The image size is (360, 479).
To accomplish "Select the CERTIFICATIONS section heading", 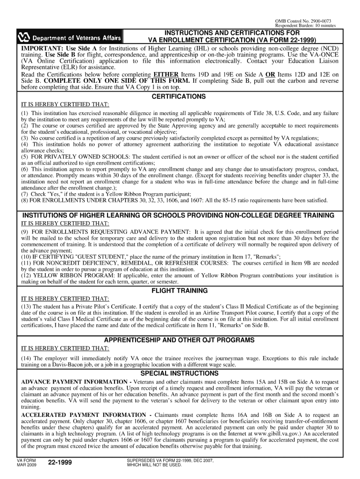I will pos(179,96).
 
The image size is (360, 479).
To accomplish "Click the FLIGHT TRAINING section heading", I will pos(179,290).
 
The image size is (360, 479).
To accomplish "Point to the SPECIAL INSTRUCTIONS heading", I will pos(179,373).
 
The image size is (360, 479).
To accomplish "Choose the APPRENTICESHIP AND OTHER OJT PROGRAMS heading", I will pos(179,340).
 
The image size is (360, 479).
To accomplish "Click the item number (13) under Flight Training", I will pos(26,306).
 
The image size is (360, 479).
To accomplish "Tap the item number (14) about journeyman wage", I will pos(26,358).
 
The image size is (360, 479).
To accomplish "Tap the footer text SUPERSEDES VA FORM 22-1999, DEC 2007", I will pos(170,461).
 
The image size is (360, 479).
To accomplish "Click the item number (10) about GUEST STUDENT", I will pos(26,256).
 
